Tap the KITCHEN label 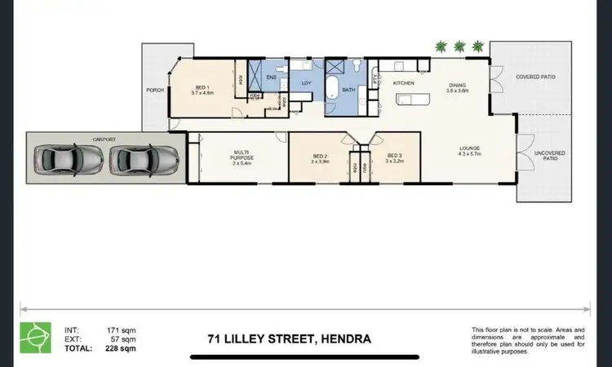(405, 83)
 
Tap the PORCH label (154, 90)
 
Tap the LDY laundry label (307, 83)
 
